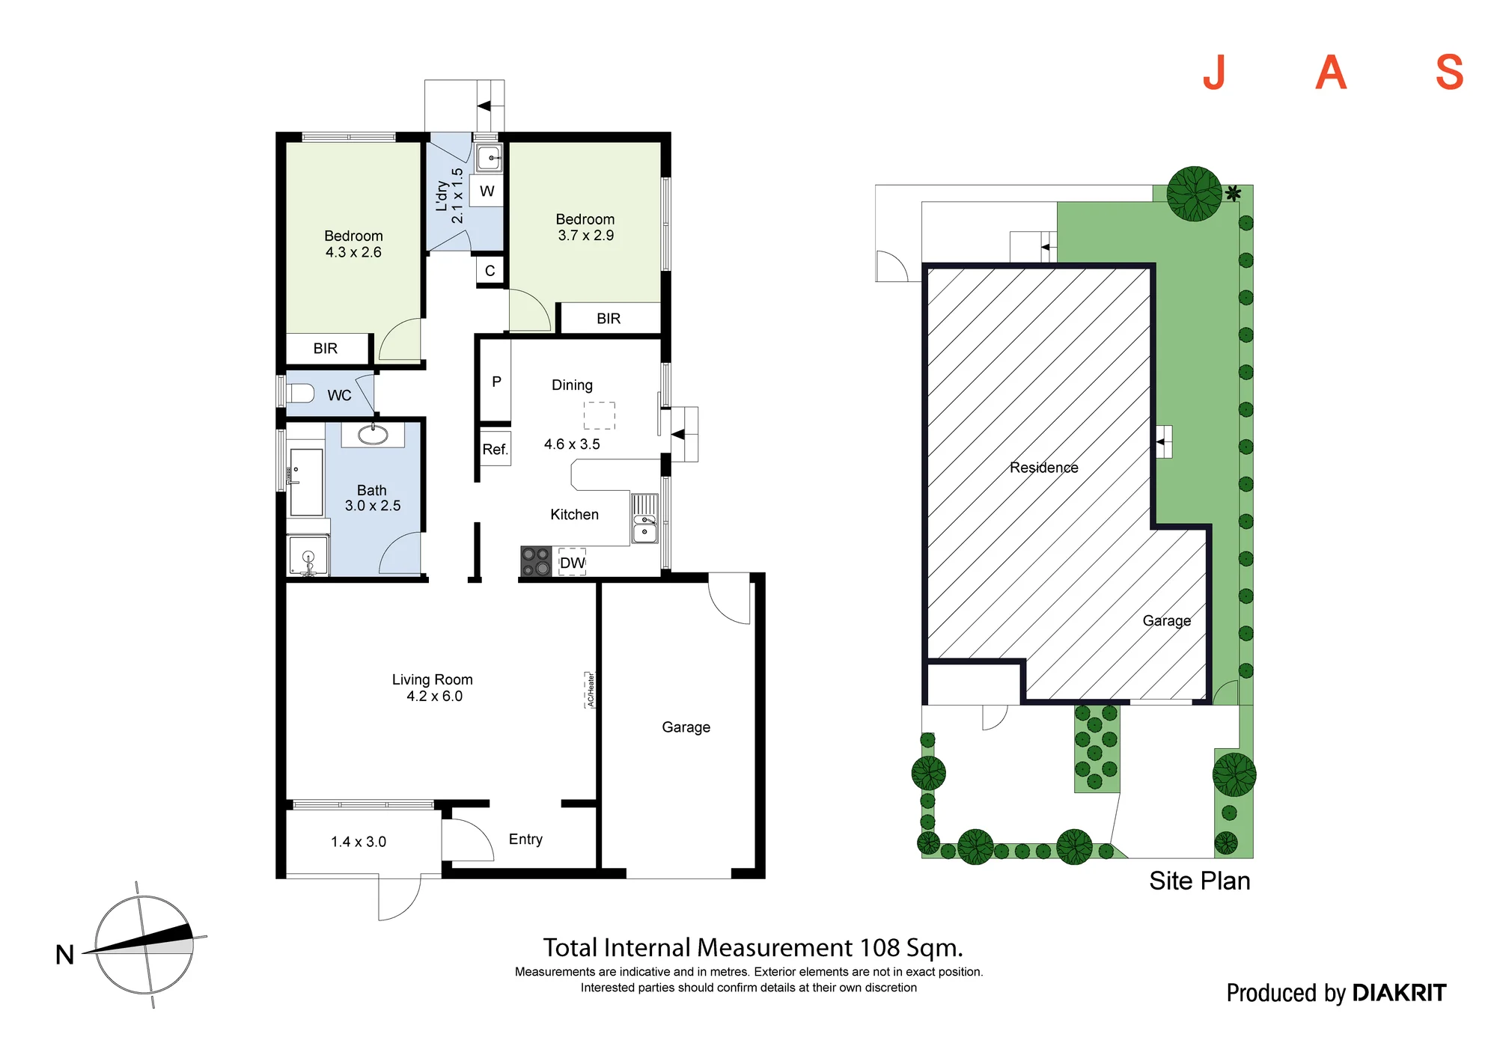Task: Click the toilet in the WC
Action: pos(300,394)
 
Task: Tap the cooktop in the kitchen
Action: pos(536,562)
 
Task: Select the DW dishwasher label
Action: pos(573,563)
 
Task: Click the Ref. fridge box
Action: pos(495,449)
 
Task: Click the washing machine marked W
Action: pos(487,191)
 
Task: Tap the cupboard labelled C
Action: pos(490,270)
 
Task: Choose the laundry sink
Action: pos(490,158)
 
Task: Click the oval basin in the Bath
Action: pos(373,434)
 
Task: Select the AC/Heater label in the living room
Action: pos(591,690)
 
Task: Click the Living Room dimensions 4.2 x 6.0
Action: pos(434,697)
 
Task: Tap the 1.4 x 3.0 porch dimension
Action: pos(359,842)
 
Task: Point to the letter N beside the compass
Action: pos(65,955)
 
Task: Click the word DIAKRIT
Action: pos(1399,993)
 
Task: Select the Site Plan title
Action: pos(1200,881)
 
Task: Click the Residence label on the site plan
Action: pos(1044,468)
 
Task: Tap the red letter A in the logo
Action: pos(1331,73)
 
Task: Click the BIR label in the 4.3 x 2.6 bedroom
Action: pos(326,349)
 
